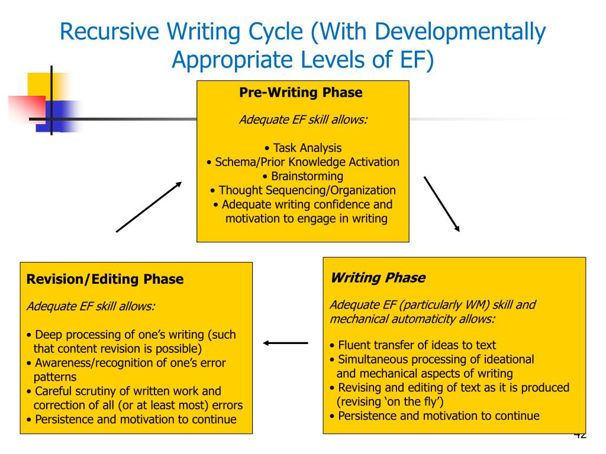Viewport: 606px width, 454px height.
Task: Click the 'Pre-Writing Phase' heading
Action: coord(301,93)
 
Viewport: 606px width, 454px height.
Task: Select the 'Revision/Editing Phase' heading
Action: coord(105,279)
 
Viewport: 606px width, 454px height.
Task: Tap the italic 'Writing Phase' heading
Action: coord(378,278)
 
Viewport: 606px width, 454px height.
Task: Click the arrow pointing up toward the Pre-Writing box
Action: coord(149,207)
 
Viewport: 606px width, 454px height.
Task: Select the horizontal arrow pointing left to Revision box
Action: coord(286,342)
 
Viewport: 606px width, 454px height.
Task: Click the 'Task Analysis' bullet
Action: coord(303,148)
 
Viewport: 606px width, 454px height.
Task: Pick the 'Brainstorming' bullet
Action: coord(303,176)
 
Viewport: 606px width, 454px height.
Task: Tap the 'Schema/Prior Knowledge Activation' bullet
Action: coord(303,162)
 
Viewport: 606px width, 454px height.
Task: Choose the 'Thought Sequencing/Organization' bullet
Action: coord(303,190)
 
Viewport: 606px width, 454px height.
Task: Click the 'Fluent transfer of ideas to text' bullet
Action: coord(413,345)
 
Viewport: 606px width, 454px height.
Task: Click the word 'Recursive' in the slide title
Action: coord(109,32)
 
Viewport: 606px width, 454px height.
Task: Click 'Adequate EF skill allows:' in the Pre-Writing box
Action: coord(303,119)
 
